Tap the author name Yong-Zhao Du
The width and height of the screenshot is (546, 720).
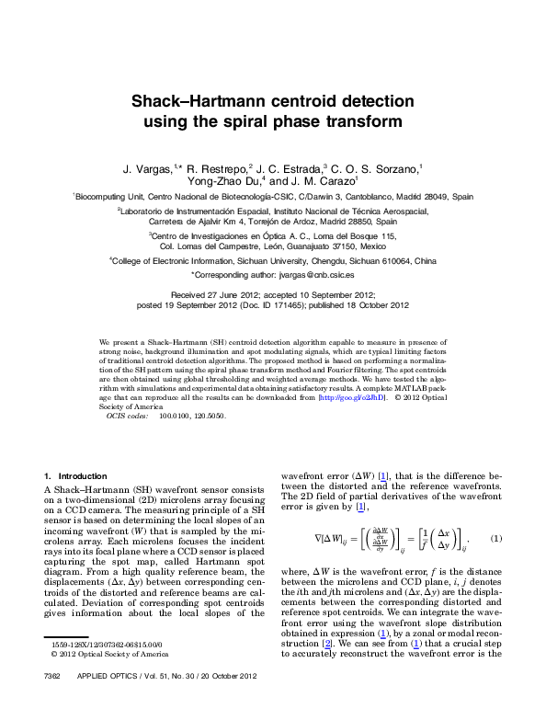tap(221, 182)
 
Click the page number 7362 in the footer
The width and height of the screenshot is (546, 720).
tap(51, 702)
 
